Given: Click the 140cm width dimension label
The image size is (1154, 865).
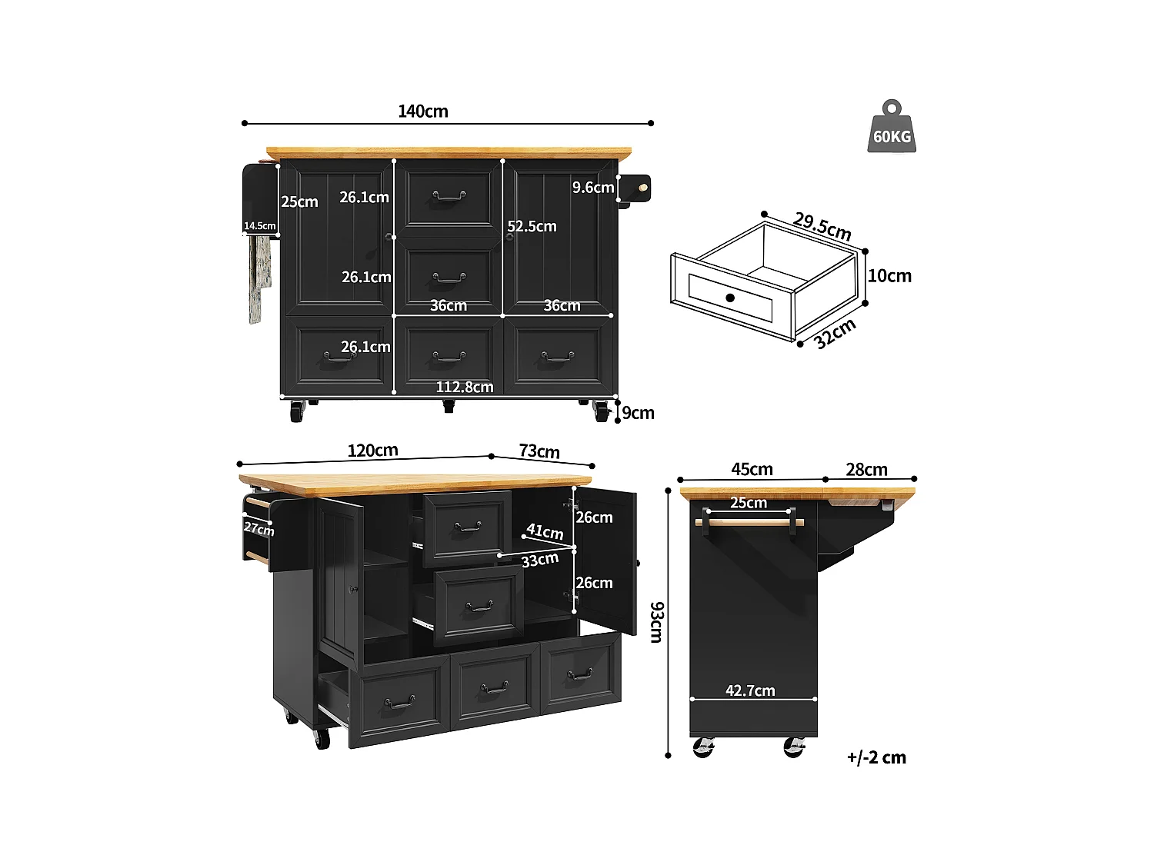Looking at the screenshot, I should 422,111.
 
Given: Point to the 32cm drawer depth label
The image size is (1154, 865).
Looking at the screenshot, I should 835,334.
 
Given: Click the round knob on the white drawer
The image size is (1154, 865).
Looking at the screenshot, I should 729,298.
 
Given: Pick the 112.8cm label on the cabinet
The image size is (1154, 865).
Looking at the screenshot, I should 465,387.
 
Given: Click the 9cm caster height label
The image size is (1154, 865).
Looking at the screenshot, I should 638,413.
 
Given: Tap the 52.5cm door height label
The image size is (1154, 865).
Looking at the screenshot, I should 532,227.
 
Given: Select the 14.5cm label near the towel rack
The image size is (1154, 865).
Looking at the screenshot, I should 259,226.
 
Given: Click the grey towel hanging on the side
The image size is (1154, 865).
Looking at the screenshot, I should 258,277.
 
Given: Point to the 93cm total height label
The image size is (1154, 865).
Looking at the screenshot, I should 656,622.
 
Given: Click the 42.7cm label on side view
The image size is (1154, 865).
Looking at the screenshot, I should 750,690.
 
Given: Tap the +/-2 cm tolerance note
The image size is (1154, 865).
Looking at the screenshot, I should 876,757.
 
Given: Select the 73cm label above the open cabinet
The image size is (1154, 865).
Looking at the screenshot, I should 539,451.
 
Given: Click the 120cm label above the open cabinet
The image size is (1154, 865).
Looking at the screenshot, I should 372,451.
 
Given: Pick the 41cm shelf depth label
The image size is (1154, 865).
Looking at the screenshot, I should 545,531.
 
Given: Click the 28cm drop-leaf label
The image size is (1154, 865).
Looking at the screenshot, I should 866,470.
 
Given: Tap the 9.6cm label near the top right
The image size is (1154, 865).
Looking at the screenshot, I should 592,188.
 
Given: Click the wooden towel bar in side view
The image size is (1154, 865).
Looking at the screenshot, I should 749,522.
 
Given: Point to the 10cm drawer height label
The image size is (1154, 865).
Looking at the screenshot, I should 889,276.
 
